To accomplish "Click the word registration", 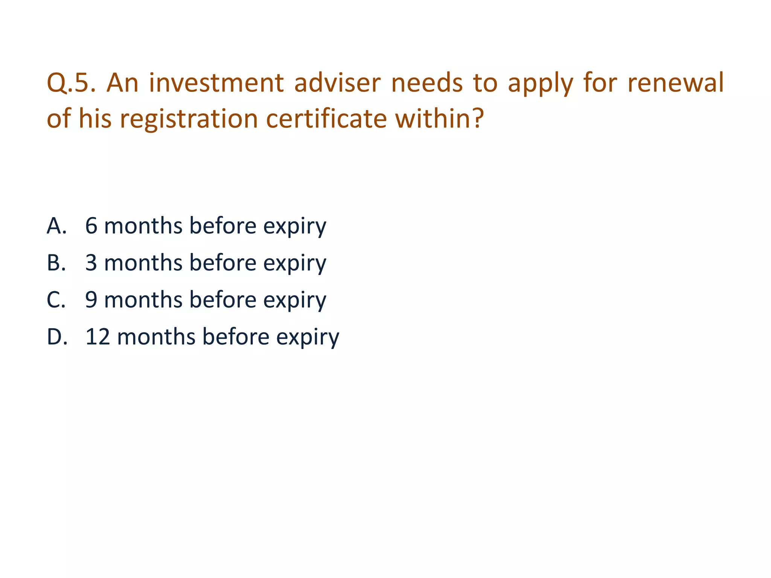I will (189, 119).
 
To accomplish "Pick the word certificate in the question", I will (326, 119).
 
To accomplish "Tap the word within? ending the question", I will (439, 119).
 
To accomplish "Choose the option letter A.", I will (56, 226).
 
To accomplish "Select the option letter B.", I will (56, 263).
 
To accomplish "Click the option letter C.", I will (56, 300).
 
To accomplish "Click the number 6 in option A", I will (91, 226).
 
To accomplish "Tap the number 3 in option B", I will (91, 263).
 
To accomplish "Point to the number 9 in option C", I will (91, 300).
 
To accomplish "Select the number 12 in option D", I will (98, 337).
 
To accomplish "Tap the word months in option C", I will (143, 300).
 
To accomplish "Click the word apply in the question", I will (540, 84).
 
